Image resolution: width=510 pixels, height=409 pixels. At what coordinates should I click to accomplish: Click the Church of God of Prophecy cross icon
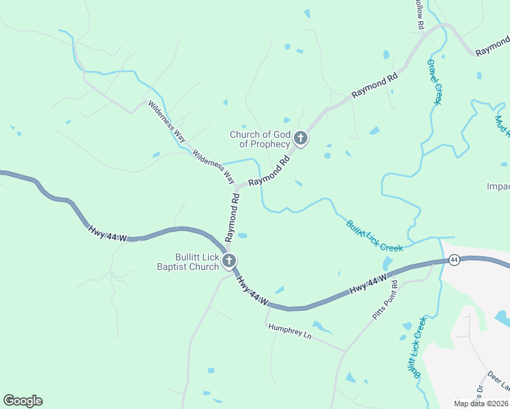click(300, 140)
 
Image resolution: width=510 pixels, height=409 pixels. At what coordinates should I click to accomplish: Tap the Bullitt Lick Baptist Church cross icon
click(230, 260)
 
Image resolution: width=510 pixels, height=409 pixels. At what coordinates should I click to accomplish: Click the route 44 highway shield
click(453, 260)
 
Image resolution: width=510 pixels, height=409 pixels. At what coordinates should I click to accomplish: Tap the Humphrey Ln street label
click(289, 331)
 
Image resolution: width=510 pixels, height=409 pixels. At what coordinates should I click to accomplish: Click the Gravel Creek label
click(434, 81)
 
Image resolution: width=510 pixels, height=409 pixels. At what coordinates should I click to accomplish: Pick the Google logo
click(22, 401)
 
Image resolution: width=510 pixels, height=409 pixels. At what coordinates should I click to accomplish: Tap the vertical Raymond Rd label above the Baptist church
click(232, 217)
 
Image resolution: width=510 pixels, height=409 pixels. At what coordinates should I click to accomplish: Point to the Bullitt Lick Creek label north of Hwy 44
click(374, 235)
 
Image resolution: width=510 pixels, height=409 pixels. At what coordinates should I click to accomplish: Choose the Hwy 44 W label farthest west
click(108, 232)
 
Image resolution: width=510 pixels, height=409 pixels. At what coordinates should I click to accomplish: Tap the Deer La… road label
click(498, 382)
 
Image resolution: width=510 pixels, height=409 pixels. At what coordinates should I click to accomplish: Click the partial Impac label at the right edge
click(498, 187)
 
